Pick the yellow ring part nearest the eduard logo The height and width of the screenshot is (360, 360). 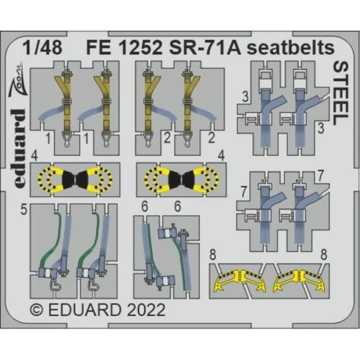click(51, 180)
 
